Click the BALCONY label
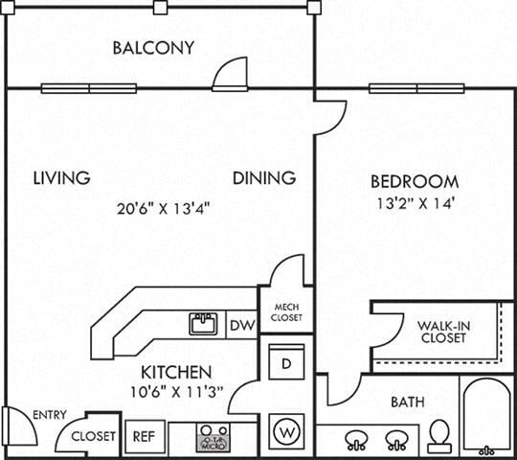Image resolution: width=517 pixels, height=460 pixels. point(153,47)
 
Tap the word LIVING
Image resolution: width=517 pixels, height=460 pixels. point(61,177)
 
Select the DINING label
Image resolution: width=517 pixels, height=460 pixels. point(263,177)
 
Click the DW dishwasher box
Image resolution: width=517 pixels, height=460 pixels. point(242,326)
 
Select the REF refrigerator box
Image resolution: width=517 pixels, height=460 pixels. point(142,436)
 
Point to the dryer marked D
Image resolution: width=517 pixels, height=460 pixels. point(285,363)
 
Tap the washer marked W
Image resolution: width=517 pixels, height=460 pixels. point(285,430)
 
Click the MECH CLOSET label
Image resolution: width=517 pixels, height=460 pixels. point(286,310)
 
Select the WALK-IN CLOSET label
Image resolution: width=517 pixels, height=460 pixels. point(441,332)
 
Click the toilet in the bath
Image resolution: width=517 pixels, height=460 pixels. point(440,436)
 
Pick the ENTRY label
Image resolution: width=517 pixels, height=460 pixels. point(49,415)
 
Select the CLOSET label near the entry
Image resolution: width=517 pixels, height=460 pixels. point(94,437)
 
